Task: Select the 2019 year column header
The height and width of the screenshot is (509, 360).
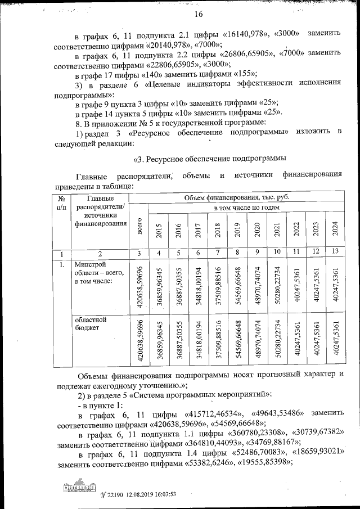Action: pyautogui.click(x=237, y=230)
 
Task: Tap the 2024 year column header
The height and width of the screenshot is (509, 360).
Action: pyautogui.click(x=334, y=230)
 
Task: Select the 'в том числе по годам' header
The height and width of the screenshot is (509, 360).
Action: pyautogui.click(x=246, y=208)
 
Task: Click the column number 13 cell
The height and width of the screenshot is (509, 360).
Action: pyautogui.click(x=334, y=251)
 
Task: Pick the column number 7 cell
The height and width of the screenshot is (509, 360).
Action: pyautogui.click(x=218, y=251)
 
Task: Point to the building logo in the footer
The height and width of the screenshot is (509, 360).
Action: pyautogui.click(x=79, y=489)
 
